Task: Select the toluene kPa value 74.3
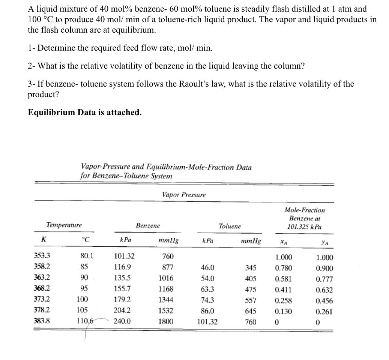point(208,300)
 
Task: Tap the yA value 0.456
point(324,301)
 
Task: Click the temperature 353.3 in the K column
point(42,257)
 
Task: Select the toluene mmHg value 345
point(251,268)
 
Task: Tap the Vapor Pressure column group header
point(184,195)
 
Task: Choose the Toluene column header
point(230,226)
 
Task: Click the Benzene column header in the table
point(148,226)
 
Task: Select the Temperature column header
point(64,225)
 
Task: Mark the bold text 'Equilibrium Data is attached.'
point(85,112)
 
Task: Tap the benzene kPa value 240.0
point(122,321)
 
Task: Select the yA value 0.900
point(324,268)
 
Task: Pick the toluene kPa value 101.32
point(207,321)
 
